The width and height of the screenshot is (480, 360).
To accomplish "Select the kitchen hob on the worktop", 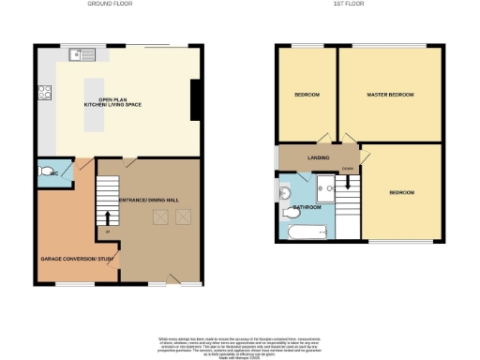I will coord(44,92).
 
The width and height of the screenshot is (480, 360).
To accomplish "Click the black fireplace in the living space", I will coord(195,100).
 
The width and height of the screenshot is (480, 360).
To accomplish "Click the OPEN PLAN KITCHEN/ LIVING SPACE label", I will coord(113,101).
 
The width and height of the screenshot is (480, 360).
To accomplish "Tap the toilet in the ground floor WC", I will coord(47,172).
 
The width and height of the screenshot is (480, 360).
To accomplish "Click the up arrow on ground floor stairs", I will coord(108,219).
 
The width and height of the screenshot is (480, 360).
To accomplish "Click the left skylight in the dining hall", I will coord(160,217).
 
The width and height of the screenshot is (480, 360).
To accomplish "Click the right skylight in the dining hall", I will coord(183,217).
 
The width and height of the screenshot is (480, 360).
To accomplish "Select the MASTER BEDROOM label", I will coord(391,95).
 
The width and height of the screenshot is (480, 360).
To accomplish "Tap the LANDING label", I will coord(319,157).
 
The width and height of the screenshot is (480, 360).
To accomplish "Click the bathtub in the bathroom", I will coord(305,231).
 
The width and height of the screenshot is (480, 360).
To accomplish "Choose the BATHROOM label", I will coord(307,206).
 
